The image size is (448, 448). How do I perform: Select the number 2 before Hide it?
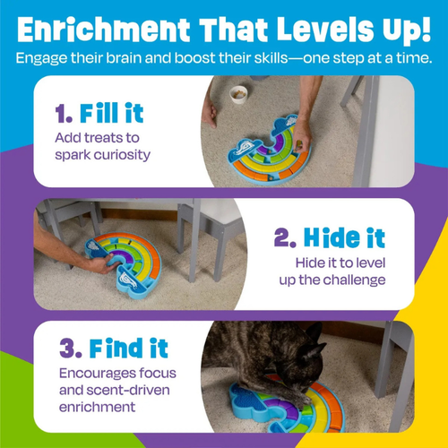283,238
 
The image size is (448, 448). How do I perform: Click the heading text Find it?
116,349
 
